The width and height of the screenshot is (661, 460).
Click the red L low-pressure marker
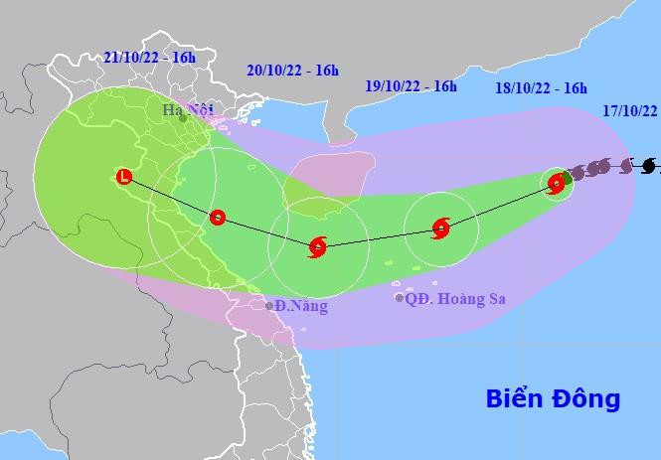[124, 177]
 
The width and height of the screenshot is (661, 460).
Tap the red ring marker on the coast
[218, 217]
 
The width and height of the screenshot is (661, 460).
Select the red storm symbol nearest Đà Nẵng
[318, 245]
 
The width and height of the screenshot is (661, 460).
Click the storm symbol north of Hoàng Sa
[441, 229]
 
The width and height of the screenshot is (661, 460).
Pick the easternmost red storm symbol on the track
[557, 182]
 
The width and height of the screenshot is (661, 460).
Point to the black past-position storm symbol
[649, 165]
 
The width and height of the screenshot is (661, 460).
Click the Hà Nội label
[187, 109]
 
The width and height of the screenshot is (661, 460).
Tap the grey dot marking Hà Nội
[183, 118]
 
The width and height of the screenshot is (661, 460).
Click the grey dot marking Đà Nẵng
[269, 305]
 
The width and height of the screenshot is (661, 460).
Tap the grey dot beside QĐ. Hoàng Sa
[400, 297]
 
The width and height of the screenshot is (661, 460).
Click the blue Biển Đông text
[553, 399]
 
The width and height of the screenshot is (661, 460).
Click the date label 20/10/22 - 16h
[292, 70]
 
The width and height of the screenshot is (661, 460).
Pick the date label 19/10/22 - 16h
[411, 86]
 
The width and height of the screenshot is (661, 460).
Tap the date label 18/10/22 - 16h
[541, 89]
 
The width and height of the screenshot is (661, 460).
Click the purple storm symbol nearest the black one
[625, 165]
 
